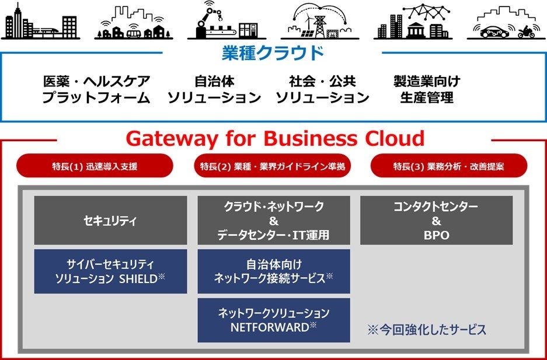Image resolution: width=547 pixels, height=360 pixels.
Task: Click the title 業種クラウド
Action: (273, 54)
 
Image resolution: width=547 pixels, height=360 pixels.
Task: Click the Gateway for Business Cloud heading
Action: (274, 139)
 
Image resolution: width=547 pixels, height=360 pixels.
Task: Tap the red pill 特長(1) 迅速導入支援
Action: (95, 166)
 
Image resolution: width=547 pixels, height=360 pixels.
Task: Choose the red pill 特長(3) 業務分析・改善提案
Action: (448, 166)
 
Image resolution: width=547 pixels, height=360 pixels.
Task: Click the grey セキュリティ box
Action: (110, 221)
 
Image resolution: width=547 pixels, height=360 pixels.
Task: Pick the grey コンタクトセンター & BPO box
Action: (436, 221)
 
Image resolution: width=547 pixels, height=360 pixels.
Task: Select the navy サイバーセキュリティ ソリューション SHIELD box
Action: (110, 271)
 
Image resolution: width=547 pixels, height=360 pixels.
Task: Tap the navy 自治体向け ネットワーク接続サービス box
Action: (274, 271)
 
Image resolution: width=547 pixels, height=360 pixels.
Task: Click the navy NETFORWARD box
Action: (274, 320)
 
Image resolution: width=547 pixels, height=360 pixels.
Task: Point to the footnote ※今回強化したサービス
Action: (426, 330)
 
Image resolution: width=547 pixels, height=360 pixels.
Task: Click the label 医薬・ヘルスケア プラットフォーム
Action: (96, 89)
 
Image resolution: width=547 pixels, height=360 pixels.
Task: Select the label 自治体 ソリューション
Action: (214, 89)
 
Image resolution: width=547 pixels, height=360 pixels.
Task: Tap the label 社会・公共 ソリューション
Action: (322, 89)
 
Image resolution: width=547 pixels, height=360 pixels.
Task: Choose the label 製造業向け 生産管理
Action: (427, 89)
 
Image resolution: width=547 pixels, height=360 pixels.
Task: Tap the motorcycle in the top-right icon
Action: (525, 32)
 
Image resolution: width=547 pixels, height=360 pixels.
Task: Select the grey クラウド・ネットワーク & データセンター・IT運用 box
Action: (274, 221)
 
